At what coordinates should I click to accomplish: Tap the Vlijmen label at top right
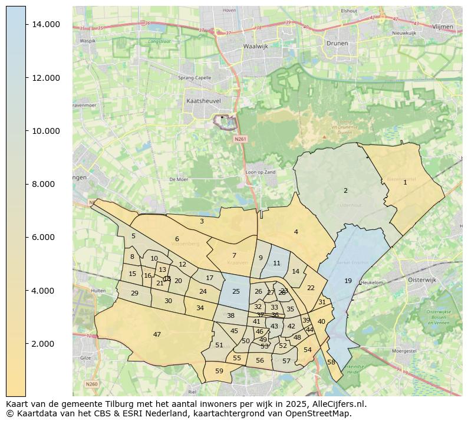pos(442,27)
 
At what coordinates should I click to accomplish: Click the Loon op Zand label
pos(260,172)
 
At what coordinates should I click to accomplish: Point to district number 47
pos(157,334)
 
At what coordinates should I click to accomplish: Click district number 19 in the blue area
pos(348,281)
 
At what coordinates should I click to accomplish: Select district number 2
pos(345,190)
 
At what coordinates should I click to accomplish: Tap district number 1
pos(405,182)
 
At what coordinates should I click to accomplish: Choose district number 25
pos(236,291)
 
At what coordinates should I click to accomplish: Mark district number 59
pos(219,371)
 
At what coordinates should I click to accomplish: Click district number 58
pos(331,362)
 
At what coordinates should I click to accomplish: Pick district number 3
pos(202,221)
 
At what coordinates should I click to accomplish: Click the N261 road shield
pos(239,140)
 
